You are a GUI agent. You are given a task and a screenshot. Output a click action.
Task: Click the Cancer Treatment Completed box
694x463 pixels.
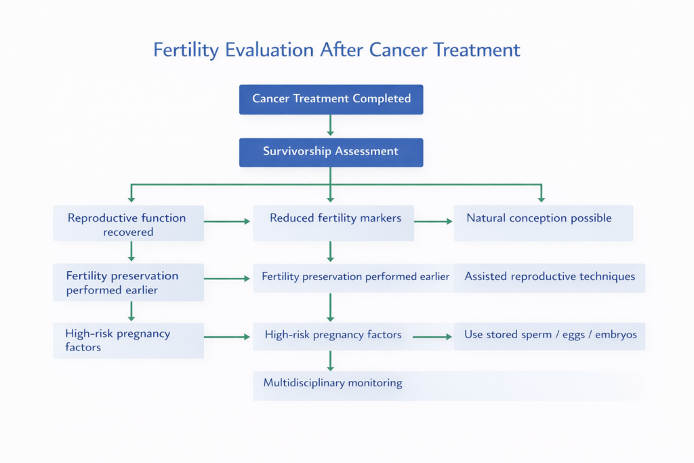(x=331, y=99)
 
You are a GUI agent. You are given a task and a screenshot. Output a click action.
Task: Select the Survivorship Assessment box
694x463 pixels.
(x=331, y=152)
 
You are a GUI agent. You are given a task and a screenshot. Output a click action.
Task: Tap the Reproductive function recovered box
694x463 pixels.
(x=127, y=224)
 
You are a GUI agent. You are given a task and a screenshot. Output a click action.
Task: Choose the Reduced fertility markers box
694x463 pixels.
(x=333, y=222)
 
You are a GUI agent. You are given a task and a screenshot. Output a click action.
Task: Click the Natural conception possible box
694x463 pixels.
(x=543, y=222)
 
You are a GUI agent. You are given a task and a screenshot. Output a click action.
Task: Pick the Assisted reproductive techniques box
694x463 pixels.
(x=550, y=277)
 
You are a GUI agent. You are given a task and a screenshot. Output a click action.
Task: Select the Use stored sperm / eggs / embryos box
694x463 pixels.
(x=550, y=335)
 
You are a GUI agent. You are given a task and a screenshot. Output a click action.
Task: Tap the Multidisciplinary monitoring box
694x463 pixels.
(x=449, y=384)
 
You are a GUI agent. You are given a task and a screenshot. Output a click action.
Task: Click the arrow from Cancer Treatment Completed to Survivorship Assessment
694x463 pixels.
(x=330, y=125)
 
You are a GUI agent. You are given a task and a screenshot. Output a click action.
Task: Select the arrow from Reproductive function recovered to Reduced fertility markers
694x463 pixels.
(x=227, y=221)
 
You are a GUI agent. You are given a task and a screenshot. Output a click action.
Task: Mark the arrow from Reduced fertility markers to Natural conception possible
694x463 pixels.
(x=434, y=221)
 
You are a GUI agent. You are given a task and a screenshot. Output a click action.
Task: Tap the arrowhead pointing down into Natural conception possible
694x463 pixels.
(x=541, y=199)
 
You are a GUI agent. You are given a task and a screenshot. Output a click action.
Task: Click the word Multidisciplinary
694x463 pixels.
(x=304, y=384)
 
